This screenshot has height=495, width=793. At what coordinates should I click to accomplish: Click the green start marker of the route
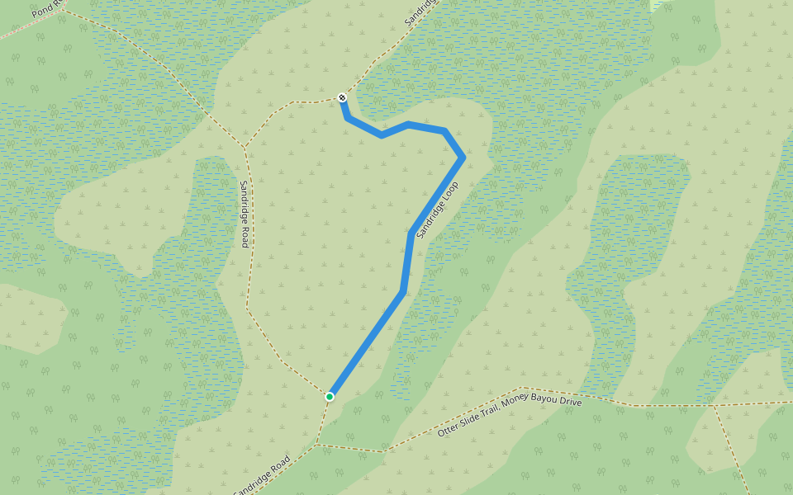tap(330, 397)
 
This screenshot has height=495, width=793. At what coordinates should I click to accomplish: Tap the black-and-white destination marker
tap(342, 98)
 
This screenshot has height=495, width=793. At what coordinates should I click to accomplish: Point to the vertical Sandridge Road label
tap(244, 214)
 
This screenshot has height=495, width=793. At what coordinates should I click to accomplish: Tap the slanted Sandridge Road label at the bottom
tap(261, 476)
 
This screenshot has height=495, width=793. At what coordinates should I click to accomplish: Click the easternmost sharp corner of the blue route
tap(463, 157)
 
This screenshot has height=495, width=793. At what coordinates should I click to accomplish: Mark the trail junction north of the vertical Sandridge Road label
tap(245, 148)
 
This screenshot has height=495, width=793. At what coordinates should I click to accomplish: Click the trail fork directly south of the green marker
tap(317, 445)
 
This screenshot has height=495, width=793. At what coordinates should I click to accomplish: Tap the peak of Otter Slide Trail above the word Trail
tap(522, 387)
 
